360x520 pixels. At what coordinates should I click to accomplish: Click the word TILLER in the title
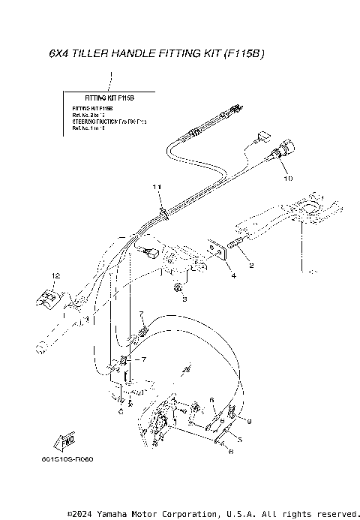[x=88, y=55]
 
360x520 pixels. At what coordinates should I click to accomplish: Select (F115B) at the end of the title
[x=245, y=55]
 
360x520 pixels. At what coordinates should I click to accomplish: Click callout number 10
[x=287, y=179]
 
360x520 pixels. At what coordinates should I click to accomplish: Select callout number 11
[x=157, y=185]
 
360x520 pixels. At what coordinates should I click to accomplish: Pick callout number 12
[x=55, y=277]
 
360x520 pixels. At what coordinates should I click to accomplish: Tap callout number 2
[x=251, y=266]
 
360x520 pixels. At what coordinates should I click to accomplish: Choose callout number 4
[x=233, y=276]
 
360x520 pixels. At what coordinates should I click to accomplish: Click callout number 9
[x=250, y=421]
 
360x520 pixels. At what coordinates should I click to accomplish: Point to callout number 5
[x=239, y=436]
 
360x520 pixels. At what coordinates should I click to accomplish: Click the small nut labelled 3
[x=178, y=287]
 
